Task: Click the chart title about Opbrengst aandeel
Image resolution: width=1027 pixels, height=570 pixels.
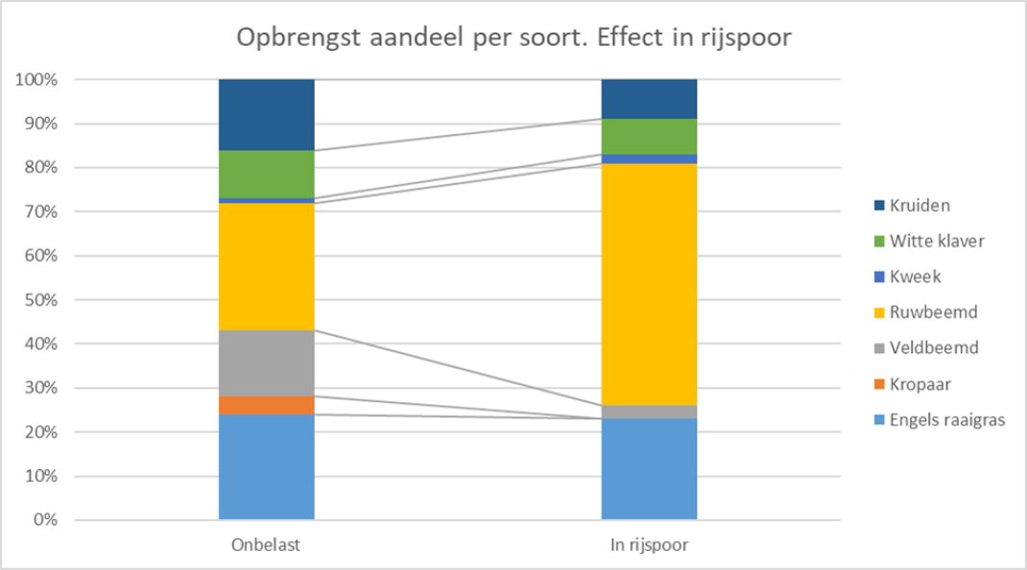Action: point(513,37)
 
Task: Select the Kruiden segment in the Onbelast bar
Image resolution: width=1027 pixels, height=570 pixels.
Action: point(267,114)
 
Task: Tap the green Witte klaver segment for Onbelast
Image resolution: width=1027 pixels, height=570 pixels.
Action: point(267,175)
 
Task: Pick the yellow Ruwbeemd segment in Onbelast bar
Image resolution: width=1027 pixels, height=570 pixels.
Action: point(267,266)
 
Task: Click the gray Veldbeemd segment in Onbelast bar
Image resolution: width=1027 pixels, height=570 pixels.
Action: point(267,363)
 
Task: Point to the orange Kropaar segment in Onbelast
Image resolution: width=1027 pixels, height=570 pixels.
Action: point(267,406)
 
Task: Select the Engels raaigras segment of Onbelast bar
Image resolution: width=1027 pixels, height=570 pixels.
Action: point(267,467)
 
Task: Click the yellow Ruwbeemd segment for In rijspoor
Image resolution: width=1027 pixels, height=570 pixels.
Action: point(649,284)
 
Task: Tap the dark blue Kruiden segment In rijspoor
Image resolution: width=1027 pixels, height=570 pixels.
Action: point(649,99)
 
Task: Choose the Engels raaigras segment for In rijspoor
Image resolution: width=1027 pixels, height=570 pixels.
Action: point(649,469)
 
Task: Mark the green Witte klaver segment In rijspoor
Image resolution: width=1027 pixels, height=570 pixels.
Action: point(649,137)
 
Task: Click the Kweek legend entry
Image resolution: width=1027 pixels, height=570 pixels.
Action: point(907,276)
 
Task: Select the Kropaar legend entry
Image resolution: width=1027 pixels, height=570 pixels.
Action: point(913,384)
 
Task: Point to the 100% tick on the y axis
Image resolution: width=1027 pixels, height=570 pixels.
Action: point(36,80)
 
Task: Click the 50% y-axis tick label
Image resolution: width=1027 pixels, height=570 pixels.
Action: point(41,300)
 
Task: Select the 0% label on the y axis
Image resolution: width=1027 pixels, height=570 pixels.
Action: point(45,520)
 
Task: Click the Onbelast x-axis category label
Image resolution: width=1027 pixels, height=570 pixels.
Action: point(266,545)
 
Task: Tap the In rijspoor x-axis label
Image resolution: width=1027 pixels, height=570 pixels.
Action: point(649,545)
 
